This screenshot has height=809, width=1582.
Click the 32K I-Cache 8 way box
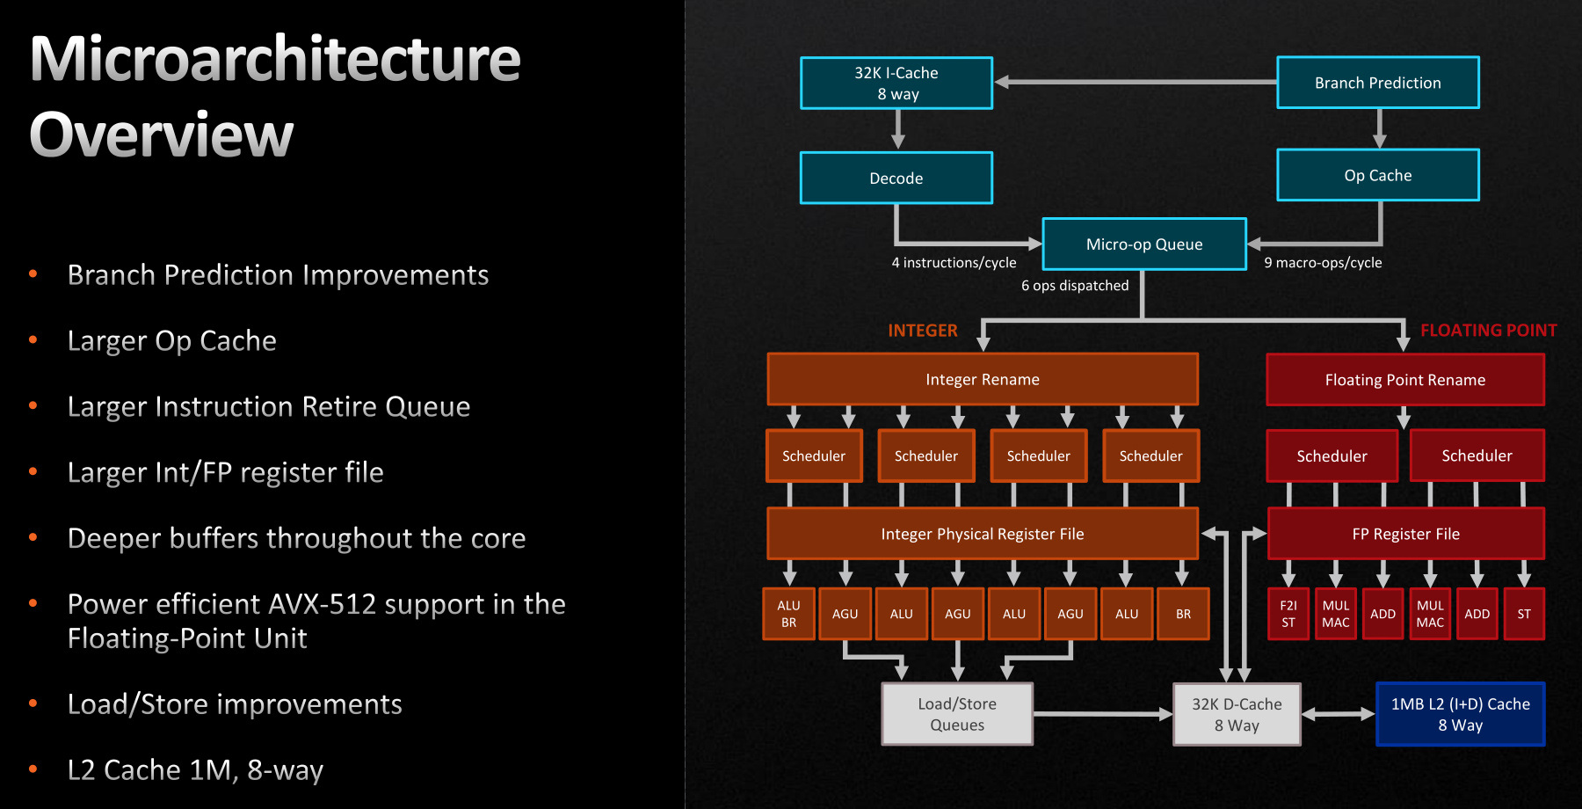pos(896,84)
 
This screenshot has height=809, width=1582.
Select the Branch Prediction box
pos(1377,83)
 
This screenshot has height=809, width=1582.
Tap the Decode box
pos(896,178)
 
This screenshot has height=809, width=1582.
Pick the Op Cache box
pos(1377,175)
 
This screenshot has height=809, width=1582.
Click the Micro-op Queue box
pos(1143,244)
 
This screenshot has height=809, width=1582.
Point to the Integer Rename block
pos(983,379)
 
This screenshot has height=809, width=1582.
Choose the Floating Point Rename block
pos(1404,380)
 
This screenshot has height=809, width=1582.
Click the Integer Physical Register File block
pos(983,534)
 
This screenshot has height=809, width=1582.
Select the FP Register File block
pos(1405,534)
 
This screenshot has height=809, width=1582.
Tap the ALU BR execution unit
pos(788,614)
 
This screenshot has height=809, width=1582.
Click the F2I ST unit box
pos(1288,614)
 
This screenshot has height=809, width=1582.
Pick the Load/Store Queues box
pos(957,714)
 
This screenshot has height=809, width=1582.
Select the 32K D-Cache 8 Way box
pos(1237,714)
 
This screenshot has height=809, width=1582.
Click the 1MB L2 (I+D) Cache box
pos(1460,714)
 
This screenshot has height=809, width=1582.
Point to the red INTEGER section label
pos(922,331)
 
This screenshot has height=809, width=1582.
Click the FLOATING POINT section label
pos(1488,331)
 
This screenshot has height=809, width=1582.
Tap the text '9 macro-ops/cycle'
pos(1323,263)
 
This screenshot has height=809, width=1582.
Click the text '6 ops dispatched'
pos(1075,286)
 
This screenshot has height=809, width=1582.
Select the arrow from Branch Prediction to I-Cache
pos(1134,83)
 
